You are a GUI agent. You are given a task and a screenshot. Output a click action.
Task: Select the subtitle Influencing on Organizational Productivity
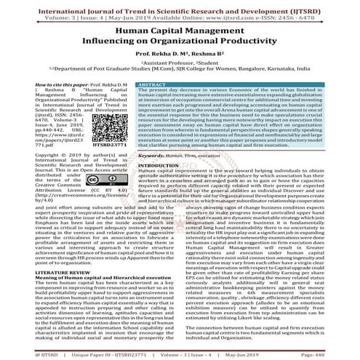pyautogui.click(x=180, y=45)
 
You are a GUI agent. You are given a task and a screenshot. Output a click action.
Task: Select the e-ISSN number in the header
pyautogui.click(x=308, y=12)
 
